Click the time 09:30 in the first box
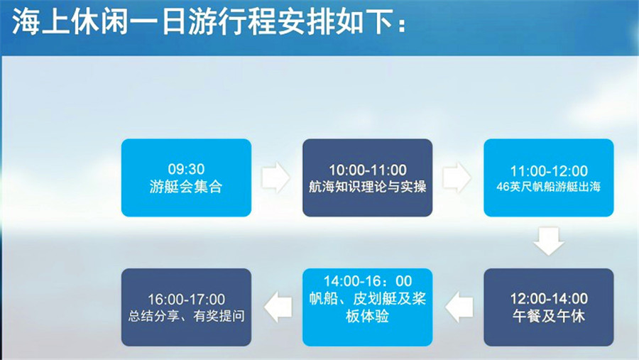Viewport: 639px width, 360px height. click(x=186, y=169)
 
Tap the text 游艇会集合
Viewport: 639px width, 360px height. click(x=186, y=187)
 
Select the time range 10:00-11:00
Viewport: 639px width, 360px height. click(x=368, y=170)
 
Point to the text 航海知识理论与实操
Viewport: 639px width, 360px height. click(x=368, y=187)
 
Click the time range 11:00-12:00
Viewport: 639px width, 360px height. click(x=549, y=171)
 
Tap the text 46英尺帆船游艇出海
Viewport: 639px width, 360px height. click(x=549, y=187)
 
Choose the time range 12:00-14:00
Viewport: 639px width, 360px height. click(x=549, y=299)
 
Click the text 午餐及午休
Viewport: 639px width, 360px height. click(x=549, y=316)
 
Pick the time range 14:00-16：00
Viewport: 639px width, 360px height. click(x=368, y=281)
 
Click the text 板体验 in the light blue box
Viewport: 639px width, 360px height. click(x=367, y=316)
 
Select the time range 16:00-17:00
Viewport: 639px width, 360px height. click(x=186, y=300)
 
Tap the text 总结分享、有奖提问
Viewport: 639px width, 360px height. click(x=186, y=316)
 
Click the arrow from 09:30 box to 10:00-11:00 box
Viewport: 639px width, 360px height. click(x=276, y=178)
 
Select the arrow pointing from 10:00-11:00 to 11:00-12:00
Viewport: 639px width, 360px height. click(x=457, y=178)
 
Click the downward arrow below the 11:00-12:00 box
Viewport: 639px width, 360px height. click(x=549, y=241)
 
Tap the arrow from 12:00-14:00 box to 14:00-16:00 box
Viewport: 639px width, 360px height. click(x=459, y=307)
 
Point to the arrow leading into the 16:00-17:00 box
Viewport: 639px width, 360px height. click(x=278, y=307)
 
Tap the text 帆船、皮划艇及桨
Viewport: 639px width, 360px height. click(x=368, y=298)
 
